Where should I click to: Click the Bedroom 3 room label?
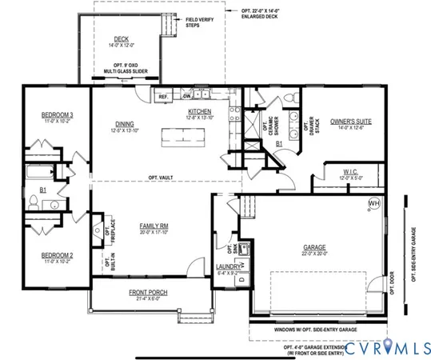point(57,115)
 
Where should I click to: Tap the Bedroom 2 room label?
point(57,255)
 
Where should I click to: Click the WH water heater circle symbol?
point(373,204)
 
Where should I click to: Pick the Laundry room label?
point(228,266)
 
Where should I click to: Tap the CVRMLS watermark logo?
point(381,344)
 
